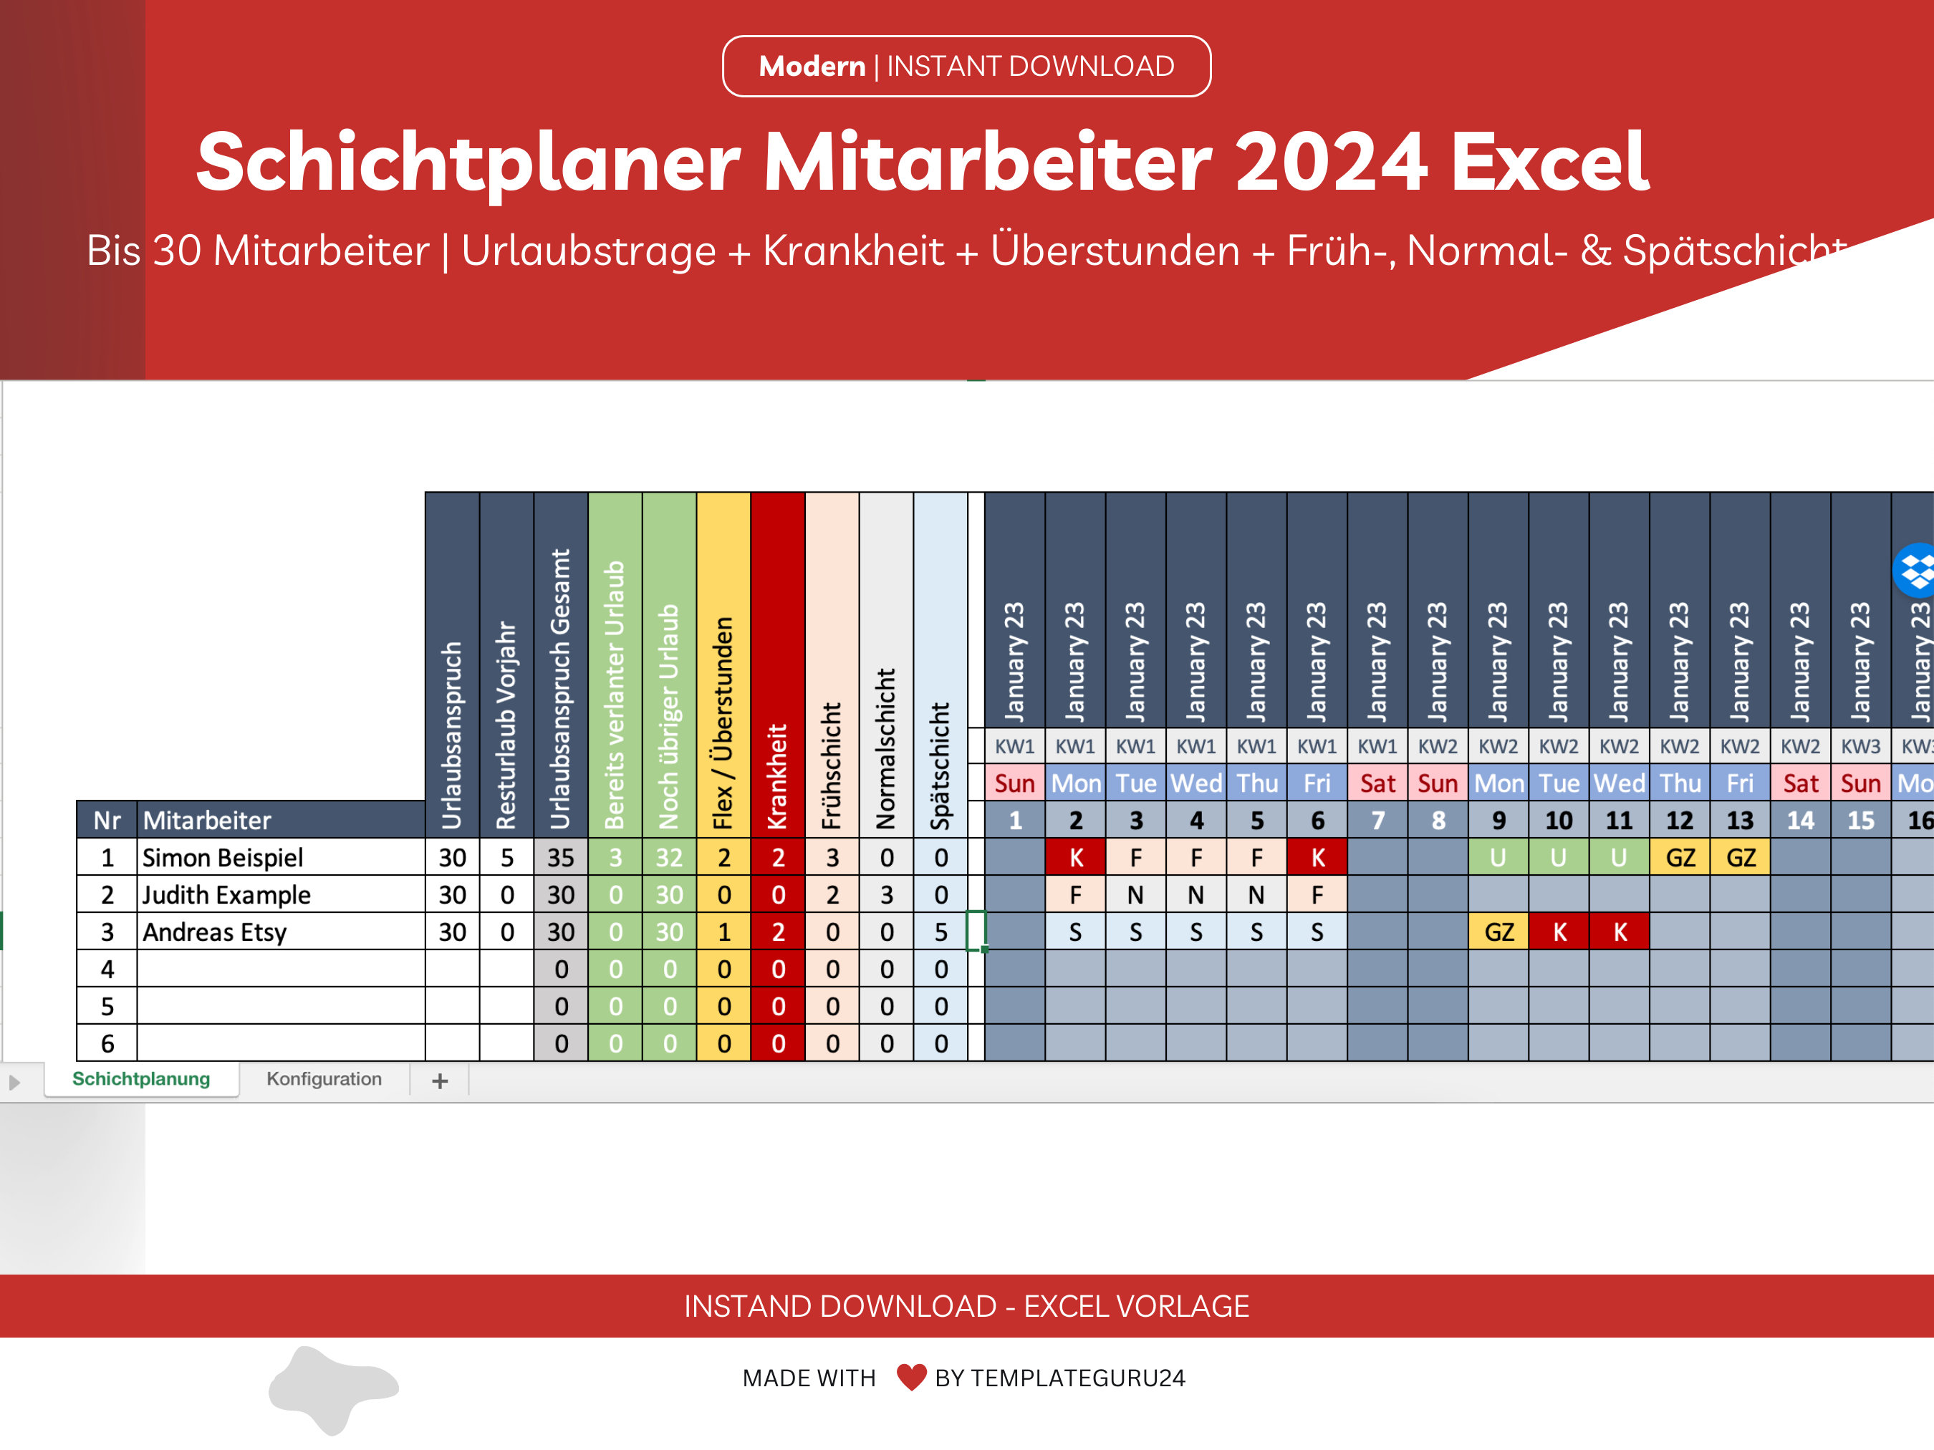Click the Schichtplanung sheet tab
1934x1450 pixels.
pyautogui.click(x=141, y=1078)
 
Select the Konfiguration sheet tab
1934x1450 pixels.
pyautogui.click(x=324, y=1078)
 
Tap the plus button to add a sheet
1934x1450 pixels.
pyautogui.click(x=440, y=1081)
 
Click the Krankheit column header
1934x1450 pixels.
pyautogui.click(x=777, y=664)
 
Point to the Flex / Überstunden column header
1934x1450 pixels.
pyautogui.click(x=723, y=664)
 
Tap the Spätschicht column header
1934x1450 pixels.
pyautogui.click(x=940, y=664)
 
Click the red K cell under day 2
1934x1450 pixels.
pyautogui.click(x=1075, y=857)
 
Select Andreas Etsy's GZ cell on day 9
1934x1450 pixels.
pyautogui.click(x=1498, y=932)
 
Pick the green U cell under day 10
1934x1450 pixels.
pyautogui.click(x=1559, y=857)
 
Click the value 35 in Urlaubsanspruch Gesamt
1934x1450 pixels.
pyautogui.click(x=560, y=857)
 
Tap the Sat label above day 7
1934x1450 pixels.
pyautogui.click(x=1377, y=783)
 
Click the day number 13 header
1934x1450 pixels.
pyautogui.click(x=1740, y=821)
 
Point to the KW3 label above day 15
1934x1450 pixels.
pyautogui.click(x=1860, y=746)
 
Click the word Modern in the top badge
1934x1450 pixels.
pyautogui.click(x=812, y=67)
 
